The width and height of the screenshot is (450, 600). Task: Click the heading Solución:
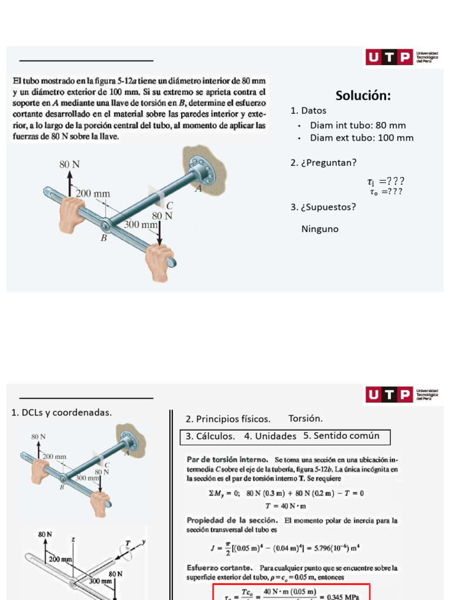(363, 96)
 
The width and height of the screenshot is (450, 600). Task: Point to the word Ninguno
(320, 229)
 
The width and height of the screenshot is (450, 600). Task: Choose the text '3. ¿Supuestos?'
(323, 207)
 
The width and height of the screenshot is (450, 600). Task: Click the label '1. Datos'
(308, 111)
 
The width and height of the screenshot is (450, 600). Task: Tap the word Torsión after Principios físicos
(306, 418)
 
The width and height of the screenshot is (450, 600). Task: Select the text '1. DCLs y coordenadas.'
(62, 412)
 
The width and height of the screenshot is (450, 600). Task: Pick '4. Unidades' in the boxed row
(271, 436)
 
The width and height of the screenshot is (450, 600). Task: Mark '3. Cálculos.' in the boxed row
(210, 436)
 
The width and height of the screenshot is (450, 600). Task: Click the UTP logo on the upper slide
(389, 57)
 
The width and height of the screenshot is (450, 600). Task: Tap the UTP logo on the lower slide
(389, 395)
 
